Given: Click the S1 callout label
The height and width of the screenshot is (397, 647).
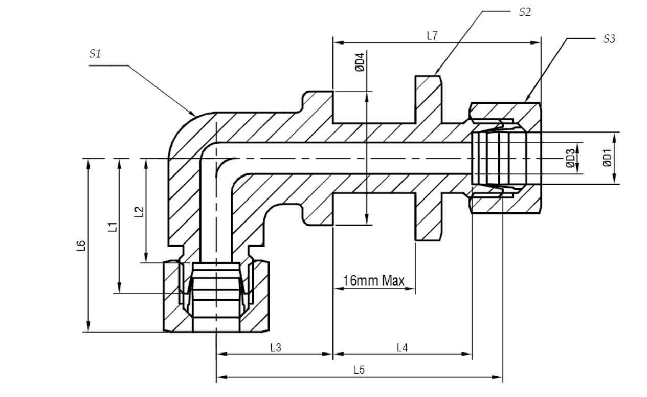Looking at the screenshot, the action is click(x=95, y=53).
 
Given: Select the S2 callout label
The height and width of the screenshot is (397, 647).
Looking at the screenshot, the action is click(x=525, y=12).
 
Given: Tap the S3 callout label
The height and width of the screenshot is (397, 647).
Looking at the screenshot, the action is click(x=609, y=39).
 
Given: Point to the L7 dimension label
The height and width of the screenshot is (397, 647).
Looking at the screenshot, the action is click(x=432, y=36).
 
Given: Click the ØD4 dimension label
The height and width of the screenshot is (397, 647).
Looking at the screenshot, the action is click(x=360, y=62).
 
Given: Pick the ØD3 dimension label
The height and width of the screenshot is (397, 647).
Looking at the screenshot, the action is click(x=570, y=158).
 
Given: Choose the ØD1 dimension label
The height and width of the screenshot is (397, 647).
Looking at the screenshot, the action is click(x=607, y=158).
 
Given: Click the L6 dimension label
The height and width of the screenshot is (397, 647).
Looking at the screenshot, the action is click(x=81, y=246).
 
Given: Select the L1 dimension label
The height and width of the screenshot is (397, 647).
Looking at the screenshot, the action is click(x=113, y=227).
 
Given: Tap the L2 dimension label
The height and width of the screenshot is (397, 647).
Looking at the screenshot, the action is click(x=139, y=212).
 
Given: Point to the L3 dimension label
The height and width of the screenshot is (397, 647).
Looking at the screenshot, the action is click(x=276, y=347).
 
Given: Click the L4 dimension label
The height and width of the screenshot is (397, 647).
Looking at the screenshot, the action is click(x=402, y=347).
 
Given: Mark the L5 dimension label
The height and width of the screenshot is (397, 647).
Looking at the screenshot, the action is click(x=360, y=370).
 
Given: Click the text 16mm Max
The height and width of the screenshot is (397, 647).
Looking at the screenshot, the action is click(x=373, y=280).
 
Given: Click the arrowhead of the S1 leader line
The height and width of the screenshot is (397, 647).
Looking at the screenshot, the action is click(x=192, y=113).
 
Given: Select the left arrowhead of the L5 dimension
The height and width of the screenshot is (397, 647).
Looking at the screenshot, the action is click(x=221, y=377).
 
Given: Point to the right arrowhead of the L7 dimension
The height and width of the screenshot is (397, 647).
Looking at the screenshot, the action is click(x=536, y=43).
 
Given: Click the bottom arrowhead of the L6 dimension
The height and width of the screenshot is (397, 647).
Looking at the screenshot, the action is click(x=88, y=326).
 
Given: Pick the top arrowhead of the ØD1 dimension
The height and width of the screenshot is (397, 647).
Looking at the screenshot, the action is click(x=615, y=138).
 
